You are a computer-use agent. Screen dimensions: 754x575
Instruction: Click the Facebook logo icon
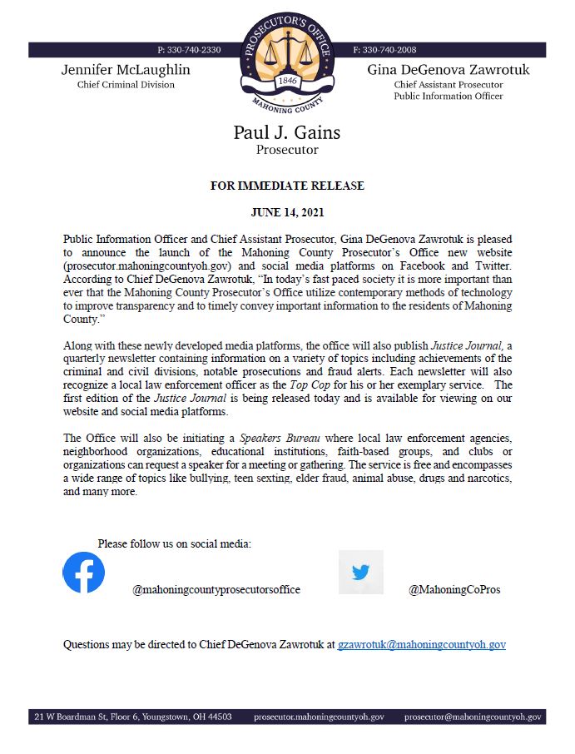[x=84, y=573]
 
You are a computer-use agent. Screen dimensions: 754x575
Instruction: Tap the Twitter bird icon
[x=360, y=573]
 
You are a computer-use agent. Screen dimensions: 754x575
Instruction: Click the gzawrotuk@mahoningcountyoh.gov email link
[x=421, y=644]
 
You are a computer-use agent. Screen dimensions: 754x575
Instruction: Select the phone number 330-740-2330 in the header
[x=189, y=50]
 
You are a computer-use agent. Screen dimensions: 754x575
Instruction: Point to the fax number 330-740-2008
[x=384, y=50]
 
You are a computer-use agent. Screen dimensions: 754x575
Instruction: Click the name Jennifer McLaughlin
[x=126, y=69]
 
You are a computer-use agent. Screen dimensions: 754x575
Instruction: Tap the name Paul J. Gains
[x=287, y=132]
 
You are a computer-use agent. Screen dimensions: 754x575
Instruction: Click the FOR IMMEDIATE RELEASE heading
[x=287, y=186]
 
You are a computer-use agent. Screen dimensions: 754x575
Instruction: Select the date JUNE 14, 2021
[x=287, y=212]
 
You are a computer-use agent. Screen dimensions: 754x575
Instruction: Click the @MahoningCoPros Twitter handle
[x=454, y=590]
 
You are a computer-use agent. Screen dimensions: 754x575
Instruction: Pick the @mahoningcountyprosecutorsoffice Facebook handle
[x=216, y=590]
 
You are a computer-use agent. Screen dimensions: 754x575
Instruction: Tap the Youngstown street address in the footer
[x=133, y=717]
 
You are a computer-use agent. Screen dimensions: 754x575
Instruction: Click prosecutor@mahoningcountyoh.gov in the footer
[x=473, y=717]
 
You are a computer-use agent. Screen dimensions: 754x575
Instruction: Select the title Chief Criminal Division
[x=126, y=84]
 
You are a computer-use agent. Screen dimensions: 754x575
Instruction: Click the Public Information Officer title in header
[x=449, y=96]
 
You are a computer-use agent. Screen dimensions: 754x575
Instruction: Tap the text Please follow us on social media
[x=174, y=543]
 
